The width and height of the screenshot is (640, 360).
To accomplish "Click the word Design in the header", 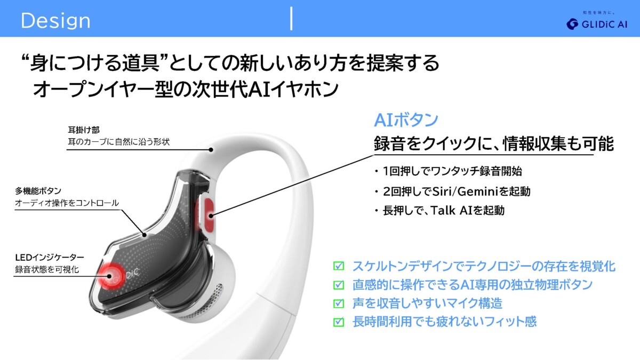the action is tap(55, 21).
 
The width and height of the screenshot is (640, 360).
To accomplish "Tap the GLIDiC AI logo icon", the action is tap(572, 25).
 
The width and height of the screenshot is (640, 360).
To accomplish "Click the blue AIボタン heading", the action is tap(406, 120).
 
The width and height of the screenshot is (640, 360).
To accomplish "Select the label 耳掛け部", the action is tap(84, 130).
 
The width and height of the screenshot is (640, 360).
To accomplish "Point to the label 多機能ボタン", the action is tap(38, 191).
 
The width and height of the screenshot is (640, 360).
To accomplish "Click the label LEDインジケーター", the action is tap(50, 258).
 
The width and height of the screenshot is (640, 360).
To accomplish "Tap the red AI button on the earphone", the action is tap(209, 215).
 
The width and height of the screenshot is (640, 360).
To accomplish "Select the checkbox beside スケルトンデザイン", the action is tap(339, 266).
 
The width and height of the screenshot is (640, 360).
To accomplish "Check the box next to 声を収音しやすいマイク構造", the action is tap(339, 303).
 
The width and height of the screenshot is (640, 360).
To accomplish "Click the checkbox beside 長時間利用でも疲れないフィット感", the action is tap(339, 322).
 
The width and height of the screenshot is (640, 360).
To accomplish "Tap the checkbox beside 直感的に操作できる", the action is tap(339, 285).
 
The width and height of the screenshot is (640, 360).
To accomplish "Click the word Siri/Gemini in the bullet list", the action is tap(466, 191).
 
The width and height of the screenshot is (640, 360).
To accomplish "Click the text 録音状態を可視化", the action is tap(47, 269).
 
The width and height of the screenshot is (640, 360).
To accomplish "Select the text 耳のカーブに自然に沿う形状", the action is tap(118, 142).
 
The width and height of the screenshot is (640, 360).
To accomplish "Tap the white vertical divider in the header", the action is tap(291, 18).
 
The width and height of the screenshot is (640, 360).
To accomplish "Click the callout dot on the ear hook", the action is tap(211, 150).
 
